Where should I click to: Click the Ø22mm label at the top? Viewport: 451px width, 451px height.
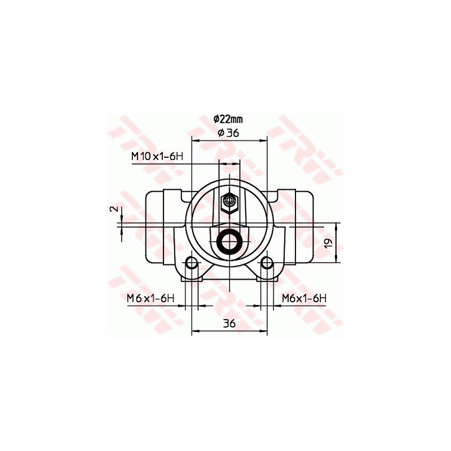click(x=228, y=119)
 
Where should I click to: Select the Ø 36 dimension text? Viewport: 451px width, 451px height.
click(x=228, y=132)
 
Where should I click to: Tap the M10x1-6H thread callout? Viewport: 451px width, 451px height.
click(x=157, y=156)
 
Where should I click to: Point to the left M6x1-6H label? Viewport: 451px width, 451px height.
click(x=150, y=298)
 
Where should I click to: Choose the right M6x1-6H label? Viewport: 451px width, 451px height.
click(x=304, y=298)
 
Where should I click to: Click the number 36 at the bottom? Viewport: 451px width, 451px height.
click(x=228, y=323)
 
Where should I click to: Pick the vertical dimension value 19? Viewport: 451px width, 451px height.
click(x=330, y=243)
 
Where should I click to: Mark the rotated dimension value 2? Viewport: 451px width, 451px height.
click(x=115, y=209)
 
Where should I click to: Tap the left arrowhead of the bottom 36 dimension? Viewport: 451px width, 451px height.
click(x=195, y=331)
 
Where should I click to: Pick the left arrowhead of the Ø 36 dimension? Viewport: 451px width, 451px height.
click(x=195, y=139)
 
